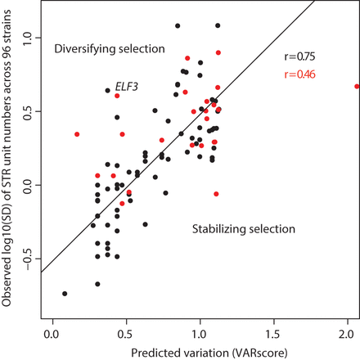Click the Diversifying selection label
tap(109, 51)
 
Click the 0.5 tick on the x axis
tap(126, 332)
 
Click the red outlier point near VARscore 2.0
tap(356, 86)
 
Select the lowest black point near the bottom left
tap(65, 294)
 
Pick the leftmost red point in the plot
tap(77, 134)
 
